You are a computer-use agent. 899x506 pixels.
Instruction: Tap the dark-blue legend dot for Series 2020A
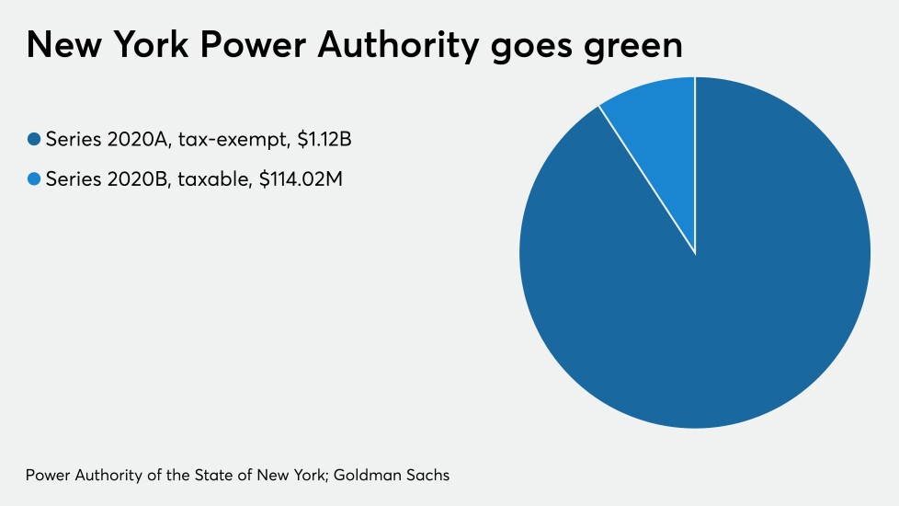(x=34, y=140)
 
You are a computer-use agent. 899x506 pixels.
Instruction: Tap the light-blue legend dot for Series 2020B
(x=34, y=179)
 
